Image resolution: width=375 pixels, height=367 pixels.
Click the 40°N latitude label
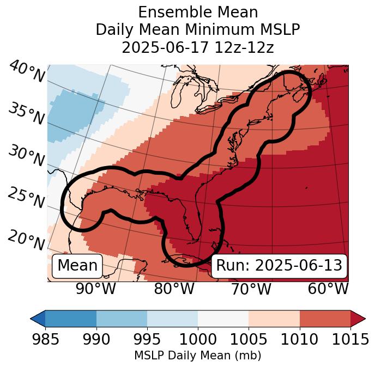click(27, 72)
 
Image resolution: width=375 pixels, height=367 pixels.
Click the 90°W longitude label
click(96, 289)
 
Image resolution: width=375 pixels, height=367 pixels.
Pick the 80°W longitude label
click(174, 289)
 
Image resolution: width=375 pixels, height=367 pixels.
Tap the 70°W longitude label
click(251, 289)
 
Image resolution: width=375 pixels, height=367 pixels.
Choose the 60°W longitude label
click(328, 289)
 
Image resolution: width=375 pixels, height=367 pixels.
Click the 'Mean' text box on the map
click(77, 266)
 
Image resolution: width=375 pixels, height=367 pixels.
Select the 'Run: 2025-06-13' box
click(279, 266)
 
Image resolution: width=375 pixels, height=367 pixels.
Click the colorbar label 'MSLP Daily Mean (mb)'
click(197, 356)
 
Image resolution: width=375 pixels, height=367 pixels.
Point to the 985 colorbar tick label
click(45, 339)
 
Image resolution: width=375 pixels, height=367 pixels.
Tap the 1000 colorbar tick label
click(198, 339)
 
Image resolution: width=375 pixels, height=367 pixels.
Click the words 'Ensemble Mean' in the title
click(197, 13)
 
